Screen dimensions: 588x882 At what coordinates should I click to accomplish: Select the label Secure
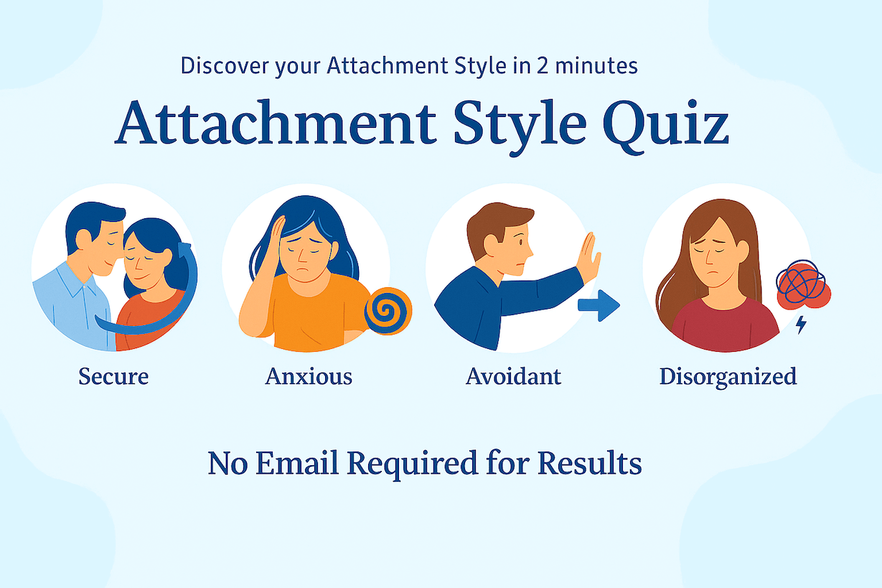(x=113, y=375)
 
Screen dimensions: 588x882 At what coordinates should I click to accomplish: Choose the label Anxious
(x=309, y=375)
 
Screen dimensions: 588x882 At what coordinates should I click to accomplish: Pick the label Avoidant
(x=513, y=375)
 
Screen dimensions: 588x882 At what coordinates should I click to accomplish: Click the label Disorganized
(x=728, y=375)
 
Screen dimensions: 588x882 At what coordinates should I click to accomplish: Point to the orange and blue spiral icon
(x=388, y=311)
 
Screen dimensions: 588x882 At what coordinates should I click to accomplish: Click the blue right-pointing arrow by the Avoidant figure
(x=599, y=305)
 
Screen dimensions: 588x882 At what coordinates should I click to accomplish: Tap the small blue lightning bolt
(x=801, y=325)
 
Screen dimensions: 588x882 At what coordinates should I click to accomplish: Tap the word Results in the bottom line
(x=590, y=463)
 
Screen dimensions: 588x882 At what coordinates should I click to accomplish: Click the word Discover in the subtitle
(x=225, y=65)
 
